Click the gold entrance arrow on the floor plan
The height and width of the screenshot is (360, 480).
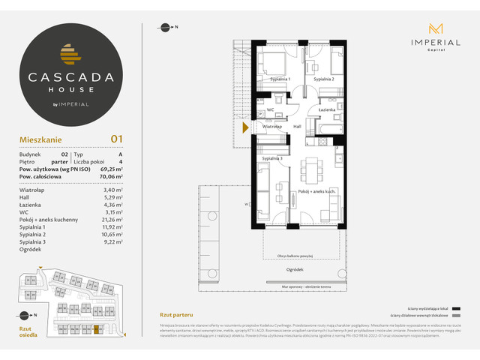[244, 128]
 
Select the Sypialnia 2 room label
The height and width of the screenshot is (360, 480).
[324, 79]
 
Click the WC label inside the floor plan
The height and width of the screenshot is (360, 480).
[270, 110]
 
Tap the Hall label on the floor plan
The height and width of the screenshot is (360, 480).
[297, 127]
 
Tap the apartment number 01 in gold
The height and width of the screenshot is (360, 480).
[116, 138]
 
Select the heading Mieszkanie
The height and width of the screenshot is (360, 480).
[40, 139]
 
